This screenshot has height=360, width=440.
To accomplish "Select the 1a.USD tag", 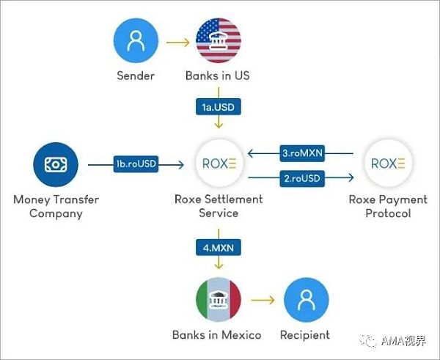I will coord(219,107).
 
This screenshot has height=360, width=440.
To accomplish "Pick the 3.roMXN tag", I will coord(301,154).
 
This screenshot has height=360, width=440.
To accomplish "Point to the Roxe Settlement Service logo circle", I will coord(218,164).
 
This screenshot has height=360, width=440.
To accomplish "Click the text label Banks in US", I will coord(219,76).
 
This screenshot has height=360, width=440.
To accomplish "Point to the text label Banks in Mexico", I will coord(217,335).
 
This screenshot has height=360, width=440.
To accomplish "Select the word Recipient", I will coord(304,335).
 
